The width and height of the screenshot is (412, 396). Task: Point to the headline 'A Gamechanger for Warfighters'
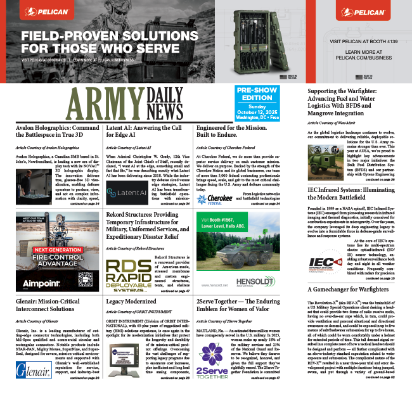(349, 290)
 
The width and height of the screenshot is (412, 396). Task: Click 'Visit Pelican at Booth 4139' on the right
(359, 40)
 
